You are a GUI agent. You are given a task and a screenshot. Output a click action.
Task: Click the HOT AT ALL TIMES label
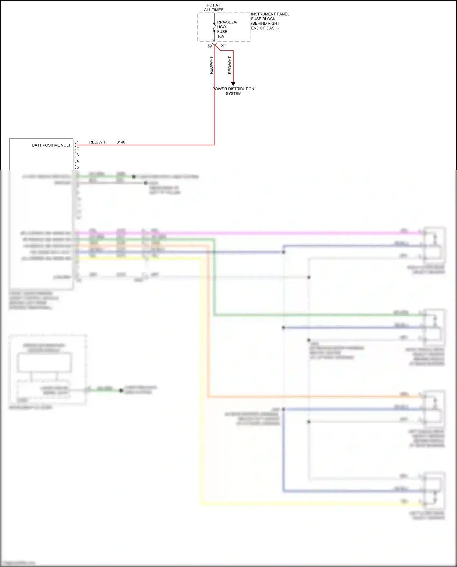pyautogui.click(x=214, y=8)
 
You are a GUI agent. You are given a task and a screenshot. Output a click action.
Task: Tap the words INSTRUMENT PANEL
pyautogui.click(x=270, y=14)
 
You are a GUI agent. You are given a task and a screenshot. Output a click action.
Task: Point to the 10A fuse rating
pyautogui.click(x=221, y=37)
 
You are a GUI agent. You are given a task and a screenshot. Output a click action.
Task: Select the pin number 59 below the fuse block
pyautogui.click(x=210, y=46)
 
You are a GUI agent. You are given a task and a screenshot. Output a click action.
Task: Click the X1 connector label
pyautogui.click(x=223, y=46)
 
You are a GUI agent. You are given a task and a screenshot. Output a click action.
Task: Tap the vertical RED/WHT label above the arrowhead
pyautogui.click(x=230, y=65)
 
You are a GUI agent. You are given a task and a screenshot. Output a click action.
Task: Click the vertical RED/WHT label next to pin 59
pyautogui.click(x=211, y=65)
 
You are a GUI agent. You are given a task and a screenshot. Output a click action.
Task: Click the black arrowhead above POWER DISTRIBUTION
pyautogui.click(x=233, y=84)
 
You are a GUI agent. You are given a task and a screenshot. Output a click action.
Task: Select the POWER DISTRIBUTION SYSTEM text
pyautogui.click(x=233, y=91)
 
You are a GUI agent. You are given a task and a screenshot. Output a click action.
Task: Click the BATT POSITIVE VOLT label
pyautogui.click(x=51, y=145)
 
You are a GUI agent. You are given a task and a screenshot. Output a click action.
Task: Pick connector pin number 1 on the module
pyautogui.click(x=78, y=142)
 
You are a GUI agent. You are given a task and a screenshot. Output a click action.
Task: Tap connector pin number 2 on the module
pyautogui.click(x=78, y=149)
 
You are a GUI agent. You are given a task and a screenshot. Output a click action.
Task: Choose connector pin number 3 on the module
pyautogui.click(x=78, y=155)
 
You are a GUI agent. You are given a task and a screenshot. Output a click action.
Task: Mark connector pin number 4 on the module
pyautogui.click(x=78, y=161)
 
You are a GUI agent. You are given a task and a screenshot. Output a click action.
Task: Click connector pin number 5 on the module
pyautogui.click(x=78, y=167)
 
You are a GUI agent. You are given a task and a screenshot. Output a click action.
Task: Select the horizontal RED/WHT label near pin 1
pyautogui.click(x=98, y=142)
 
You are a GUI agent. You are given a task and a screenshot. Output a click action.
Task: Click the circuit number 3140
pyautogui.click(x=121, y=142)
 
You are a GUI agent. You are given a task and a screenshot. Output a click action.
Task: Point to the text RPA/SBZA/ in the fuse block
pyautogui.click(x=227, y=22)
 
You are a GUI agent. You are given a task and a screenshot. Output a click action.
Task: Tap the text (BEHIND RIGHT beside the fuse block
pyautogui.click(x=265, y=23)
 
